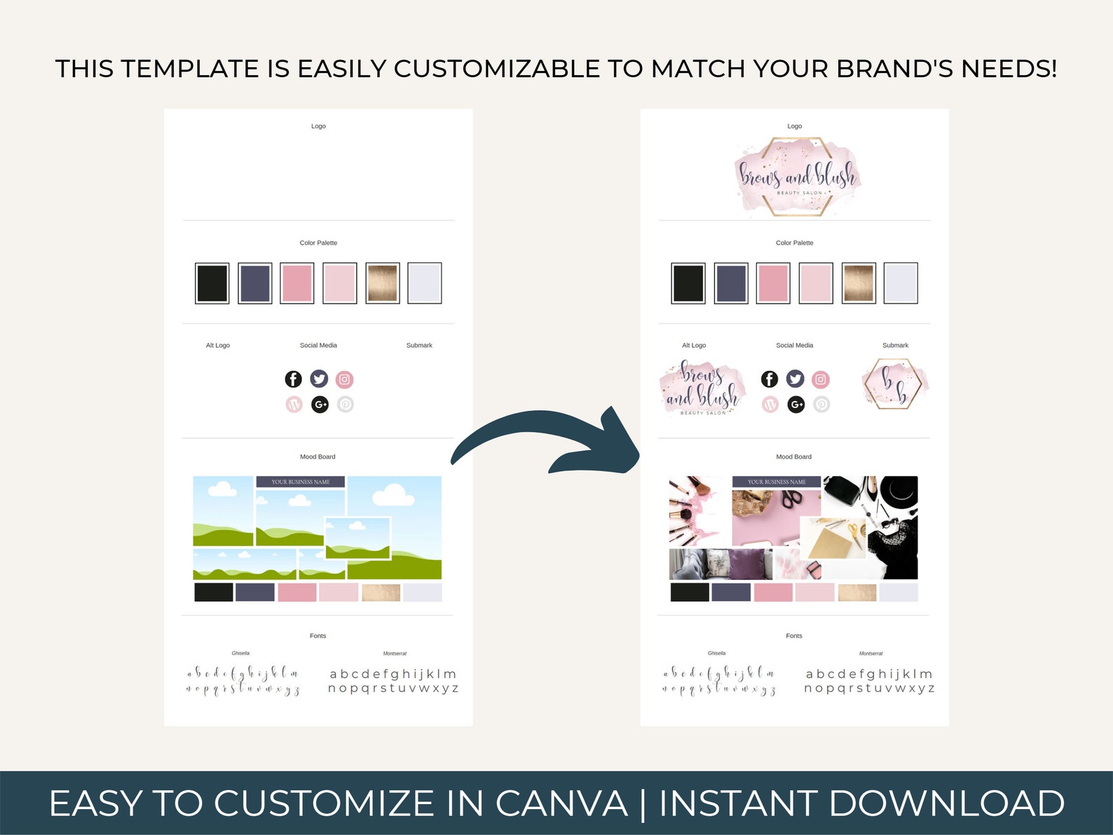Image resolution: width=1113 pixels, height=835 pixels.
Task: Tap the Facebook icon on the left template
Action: point(293,379)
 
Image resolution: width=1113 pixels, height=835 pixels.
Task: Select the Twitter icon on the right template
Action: point(795,379)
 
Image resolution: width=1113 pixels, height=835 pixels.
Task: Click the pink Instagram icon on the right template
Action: point(821,379)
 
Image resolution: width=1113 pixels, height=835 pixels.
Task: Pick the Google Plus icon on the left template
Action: point(320,405)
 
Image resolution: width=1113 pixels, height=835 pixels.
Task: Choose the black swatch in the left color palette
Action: point(212,283)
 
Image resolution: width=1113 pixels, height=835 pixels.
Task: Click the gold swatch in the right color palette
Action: point(859,283)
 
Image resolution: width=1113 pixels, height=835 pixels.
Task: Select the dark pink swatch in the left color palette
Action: point(297,283)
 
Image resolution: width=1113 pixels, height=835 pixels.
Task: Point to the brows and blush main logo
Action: point(797,176)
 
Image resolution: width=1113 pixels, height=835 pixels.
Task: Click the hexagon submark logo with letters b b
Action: point(894,383)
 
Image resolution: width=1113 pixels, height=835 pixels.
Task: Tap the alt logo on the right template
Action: point(702,388)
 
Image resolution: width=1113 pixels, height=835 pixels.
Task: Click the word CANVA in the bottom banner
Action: point(561,803)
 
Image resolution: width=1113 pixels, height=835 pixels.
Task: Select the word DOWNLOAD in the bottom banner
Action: point(947,803)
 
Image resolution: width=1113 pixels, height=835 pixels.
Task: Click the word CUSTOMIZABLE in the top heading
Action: point(496,69)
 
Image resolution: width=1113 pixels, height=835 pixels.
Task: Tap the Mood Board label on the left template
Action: point(317,457)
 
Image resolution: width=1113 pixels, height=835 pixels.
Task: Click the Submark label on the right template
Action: point(895,346)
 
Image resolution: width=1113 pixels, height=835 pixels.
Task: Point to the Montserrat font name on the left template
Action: point(395,653)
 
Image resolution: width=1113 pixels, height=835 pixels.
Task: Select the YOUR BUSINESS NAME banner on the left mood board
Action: point(300,482)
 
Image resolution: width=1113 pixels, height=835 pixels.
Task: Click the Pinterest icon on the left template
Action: point(346,405)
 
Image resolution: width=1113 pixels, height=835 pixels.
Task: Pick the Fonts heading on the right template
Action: point(793,636)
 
